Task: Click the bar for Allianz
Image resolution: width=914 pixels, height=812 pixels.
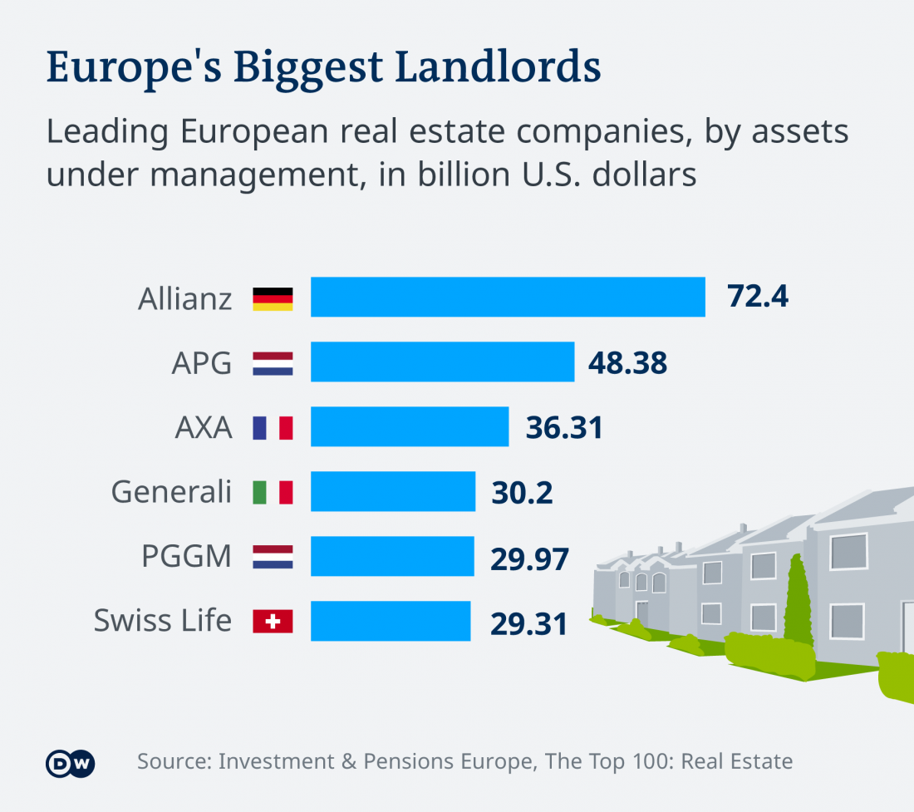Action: point(508,297)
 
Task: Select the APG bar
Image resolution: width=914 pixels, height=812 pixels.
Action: point(442,362)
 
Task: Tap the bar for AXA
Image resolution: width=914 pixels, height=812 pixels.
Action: point(410,426)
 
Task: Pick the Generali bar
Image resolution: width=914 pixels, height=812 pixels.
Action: point(393,491)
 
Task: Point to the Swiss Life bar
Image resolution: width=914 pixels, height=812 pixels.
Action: point(391,621)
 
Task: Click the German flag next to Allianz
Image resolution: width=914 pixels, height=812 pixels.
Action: point(273,298)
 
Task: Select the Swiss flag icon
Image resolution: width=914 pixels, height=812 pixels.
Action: point(273,621)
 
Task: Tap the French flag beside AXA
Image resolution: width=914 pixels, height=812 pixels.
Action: point(273,427)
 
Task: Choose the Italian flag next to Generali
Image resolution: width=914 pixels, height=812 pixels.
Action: point(273,492)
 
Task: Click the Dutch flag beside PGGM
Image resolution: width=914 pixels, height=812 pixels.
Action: point(273,557)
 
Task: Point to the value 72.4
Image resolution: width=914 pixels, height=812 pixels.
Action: point(757,296)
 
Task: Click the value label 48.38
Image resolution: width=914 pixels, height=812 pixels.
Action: point(627,362)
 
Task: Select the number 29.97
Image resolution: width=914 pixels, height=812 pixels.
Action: point(529,559)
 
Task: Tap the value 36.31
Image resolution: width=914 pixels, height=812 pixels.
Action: point(564,427)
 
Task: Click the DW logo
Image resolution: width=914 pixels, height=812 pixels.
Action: point(71,763)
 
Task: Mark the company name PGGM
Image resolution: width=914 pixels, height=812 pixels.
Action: point(186,557)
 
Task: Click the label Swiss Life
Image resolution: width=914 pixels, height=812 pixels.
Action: point(162,621)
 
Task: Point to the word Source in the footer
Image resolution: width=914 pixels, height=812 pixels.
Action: point(172,761)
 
